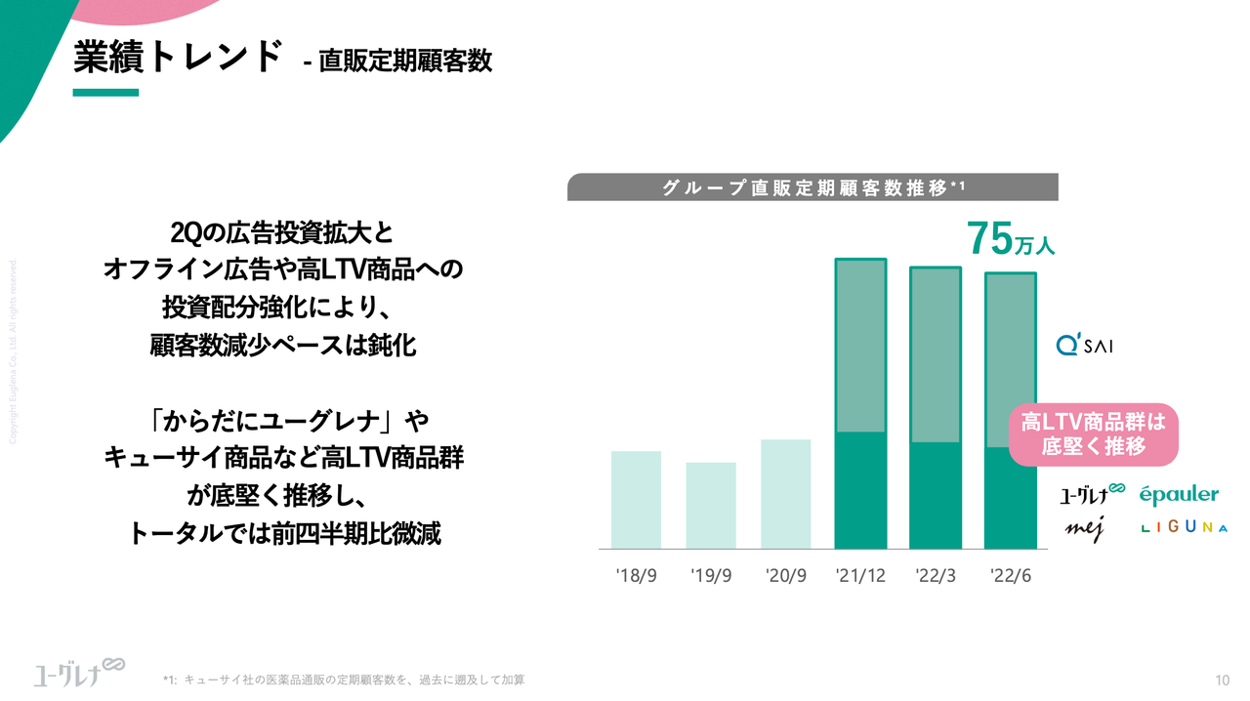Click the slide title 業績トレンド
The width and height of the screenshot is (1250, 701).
[178, 57]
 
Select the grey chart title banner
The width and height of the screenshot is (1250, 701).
[812, 187]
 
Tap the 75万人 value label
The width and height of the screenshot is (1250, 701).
[1010, 238]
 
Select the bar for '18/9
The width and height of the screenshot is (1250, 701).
[636, 499]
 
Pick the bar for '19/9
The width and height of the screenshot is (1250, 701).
[711, 505]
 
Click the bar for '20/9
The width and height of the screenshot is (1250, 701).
[785, 493]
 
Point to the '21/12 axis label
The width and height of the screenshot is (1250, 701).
[860, 576]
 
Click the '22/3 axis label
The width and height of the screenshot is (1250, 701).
[936, 576]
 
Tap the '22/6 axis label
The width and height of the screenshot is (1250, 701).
[1011, 576]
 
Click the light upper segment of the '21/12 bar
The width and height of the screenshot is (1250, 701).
[860, 346]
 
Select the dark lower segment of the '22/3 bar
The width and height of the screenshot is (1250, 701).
[936, 495]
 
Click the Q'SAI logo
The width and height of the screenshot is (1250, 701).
[1084, 345]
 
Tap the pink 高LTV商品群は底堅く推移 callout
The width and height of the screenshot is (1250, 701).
[1093, 435]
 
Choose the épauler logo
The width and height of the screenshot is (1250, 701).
[1179, 495]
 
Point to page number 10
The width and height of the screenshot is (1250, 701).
[1222, 680]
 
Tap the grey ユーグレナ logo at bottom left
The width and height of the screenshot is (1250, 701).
[78, 672]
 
